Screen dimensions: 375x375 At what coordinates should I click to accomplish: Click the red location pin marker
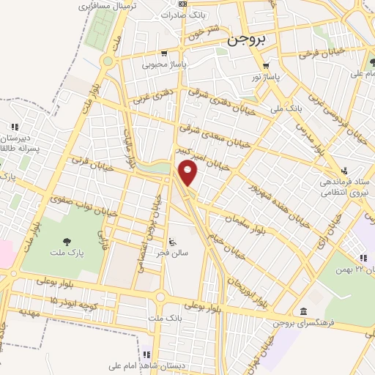pos(188,174)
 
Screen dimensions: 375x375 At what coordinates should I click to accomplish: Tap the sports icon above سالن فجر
pos(172,242)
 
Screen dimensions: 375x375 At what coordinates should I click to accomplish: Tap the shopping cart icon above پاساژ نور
pos(267,65)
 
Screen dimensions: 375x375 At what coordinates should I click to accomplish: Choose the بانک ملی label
pos(286,108)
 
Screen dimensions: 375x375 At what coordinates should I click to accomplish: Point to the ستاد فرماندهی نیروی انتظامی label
pos(346,187)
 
